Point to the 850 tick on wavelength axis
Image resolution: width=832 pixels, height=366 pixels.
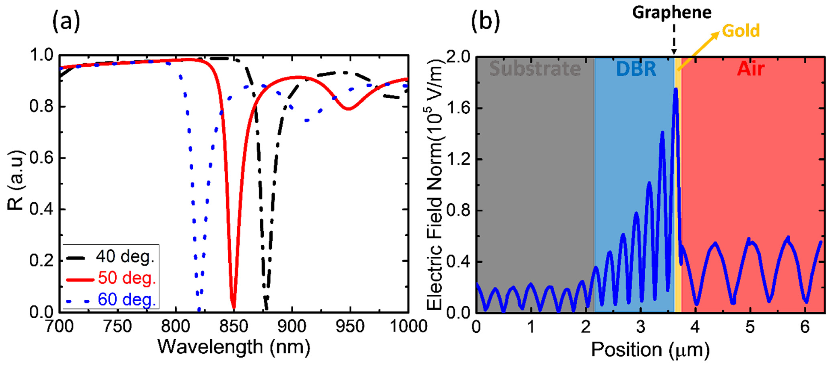click(233, 326)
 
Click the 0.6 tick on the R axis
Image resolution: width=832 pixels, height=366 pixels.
click(41, 158)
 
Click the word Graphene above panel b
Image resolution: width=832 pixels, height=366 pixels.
click(672, 13)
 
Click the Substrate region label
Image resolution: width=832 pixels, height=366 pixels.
click(535, 69)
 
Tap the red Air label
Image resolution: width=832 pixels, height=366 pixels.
click(751, 69)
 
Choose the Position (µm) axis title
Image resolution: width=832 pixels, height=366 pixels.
click(650, 350)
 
